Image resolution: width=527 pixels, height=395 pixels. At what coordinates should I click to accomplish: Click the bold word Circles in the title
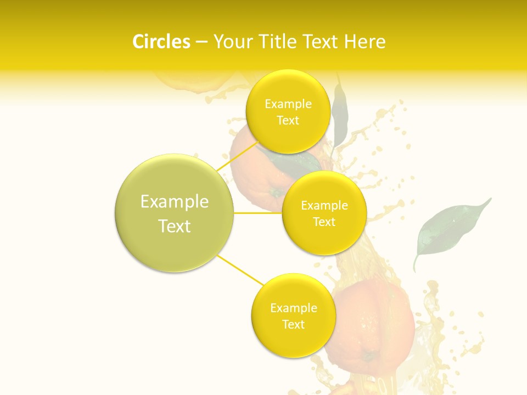click(161, 42)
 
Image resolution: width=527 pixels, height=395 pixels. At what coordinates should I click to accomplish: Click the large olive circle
click(175, 213)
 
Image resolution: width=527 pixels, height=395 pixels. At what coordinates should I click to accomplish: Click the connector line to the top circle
click(237, 157)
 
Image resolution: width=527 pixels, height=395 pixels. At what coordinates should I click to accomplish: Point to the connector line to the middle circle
click(258, 213)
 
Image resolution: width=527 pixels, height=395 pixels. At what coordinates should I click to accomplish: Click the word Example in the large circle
click(175, 202)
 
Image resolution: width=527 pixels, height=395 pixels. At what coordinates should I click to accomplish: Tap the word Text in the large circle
click(175, 226)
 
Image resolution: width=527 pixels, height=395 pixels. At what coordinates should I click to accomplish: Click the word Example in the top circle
click(288, 104)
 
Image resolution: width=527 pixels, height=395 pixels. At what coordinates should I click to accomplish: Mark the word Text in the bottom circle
click(293, 325)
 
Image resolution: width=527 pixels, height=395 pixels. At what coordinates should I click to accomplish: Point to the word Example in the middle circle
click(324, 206)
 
